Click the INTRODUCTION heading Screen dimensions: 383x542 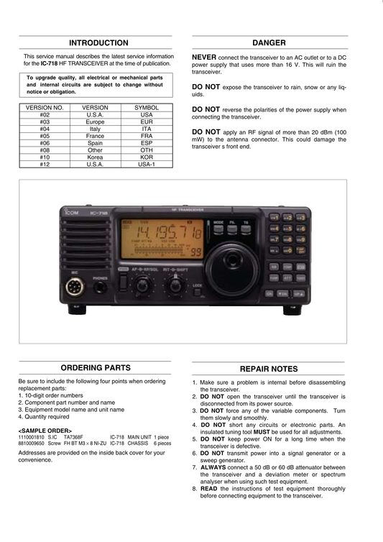coord(98,43)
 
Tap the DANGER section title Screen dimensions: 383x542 coord(269,43)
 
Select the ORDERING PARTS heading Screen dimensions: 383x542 coord(96,368)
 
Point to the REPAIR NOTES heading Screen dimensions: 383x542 coord(269,369)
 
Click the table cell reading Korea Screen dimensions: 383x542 coord(95,157)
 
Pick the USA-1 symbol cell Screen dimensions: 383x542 coord(147,165)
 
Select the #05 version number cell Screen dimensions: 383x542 coord(45,136)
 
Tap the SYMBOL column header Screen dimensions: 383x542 coord(147,108)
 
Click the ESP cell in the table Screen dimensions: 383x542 coord(147,143)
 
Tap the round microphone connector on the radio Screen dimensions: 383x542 coord(75,287)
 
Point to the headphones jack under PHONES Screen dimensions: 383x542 coord(100,288)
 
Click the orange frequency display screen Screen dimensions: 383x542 coord(162,239)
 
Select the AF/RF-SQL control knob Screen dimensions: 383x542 coord(142,285)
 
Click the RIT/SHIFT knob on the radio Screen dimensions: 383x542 coord(175,285)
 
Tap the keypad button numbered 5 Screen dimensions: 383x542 coord(287,229)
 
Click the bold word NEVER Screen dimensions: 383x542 coord(204,58)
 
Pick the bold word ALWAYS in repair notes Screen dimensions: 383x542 coord(213,467)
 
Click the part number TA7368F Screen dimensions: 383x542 coord(73,437)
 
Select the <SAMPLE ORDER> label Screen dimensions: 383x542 coord(45,431)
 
